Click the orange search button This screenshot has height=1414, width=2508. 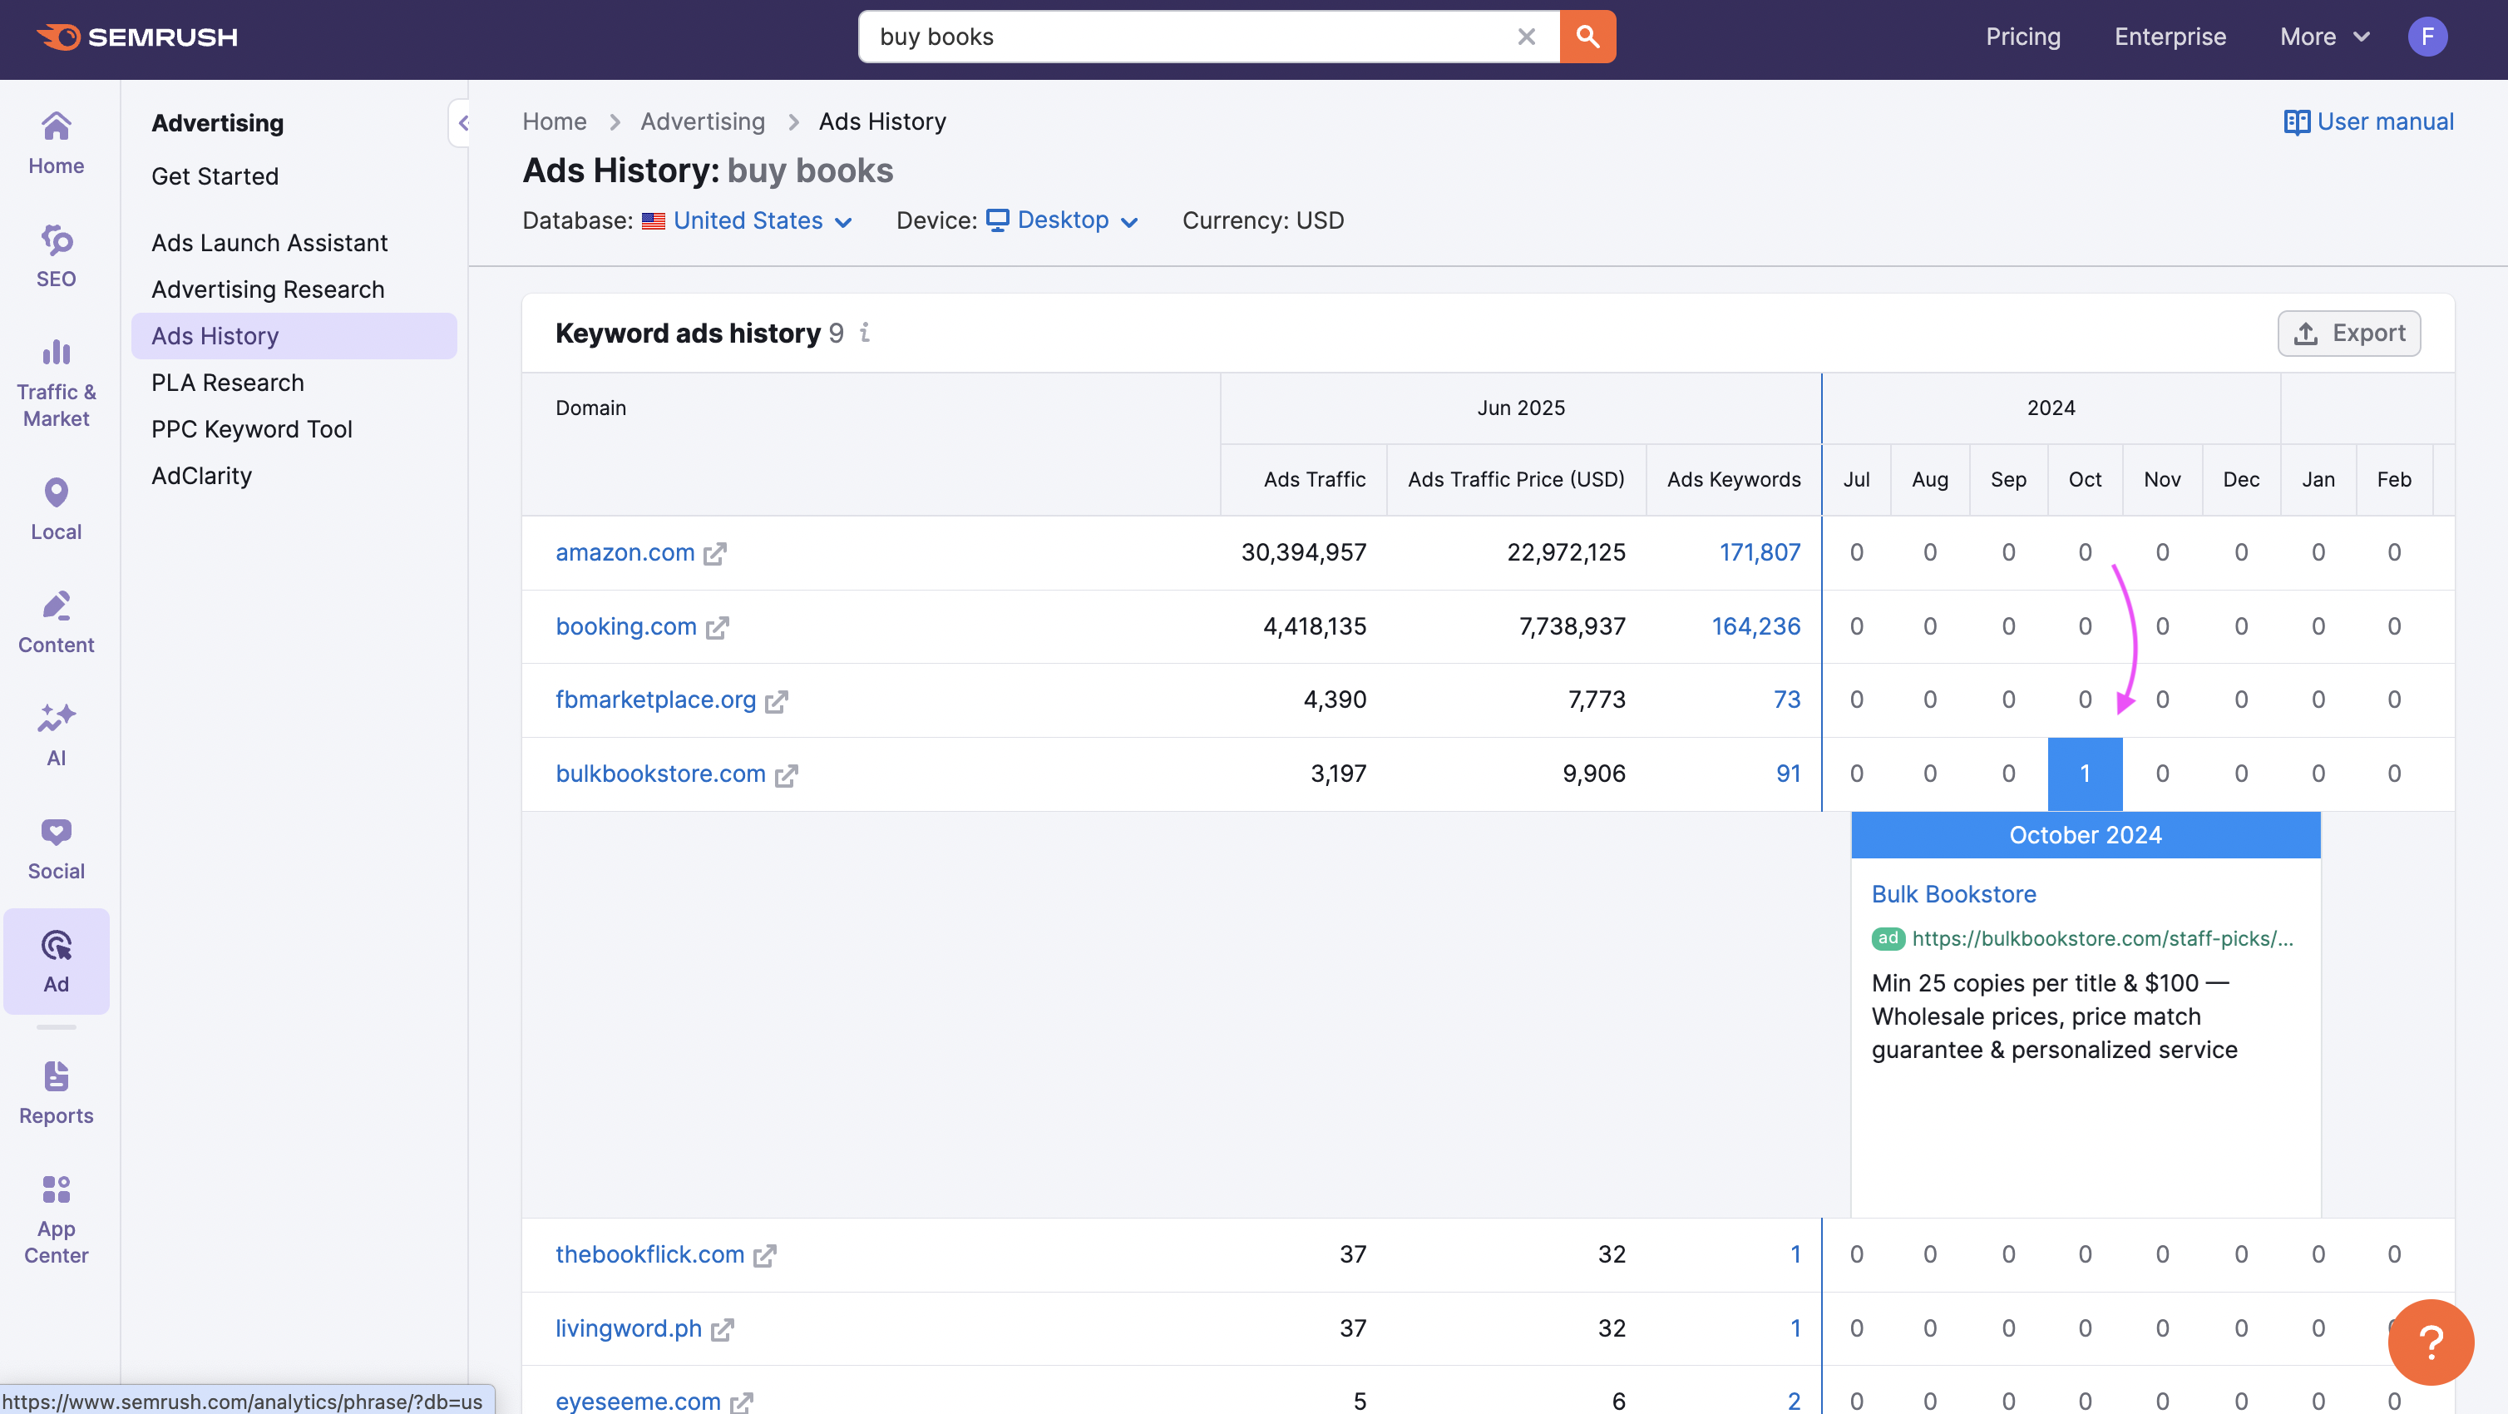(1587, 37)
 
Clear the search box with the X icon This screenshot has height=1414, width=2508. (1526, 37)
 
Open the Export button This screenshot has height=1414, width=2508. (2348, 333)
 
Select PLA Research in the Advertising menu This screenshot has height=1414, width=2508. (228, 383)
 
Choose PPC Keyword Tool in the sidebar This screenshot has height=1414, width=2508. (251, 429)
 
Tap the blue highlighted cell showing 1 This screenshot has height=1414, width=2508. (2085, 774)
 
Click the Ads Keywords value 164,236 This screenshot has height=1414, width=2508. (1755, 626)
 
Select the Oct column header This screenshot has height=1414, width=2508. (2085, 479)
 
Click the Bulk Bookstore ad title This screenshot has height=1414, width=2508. (1953, 894)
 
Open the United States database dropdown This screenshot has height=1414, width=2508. (748, 221)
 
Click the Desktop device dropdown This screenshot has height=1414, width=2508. (1064, 221)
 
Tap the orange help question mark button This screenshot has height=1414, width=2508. (2429, 1341)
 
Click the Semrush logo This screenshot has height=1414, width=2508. (137, 37)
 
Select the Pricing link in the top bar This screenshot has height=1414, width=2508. (2022, 37)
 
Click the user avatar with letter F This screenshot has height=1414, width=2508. (2427, 37)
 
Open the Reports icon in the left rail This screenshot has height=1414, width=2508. (57, 1091)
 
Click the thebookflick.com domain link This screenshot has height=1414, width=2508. (649, 1254)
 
